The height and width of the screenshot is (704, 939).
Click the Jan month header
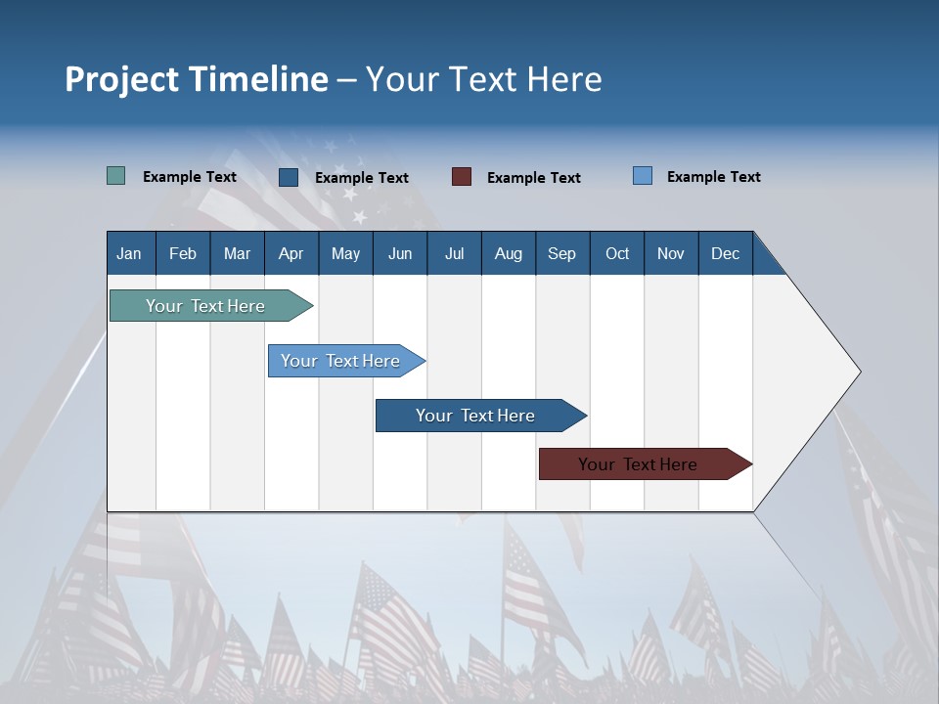[x=130, y=253]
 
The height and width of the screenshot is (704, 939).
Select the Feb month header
[x=183, y=253]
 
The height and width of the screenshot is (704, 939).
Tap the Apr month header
[x=291, y=253]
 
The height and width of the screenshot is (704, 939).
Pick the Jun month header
[x=400, y=253]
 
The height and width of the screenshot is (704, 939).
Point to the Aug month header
[x=508, y=253]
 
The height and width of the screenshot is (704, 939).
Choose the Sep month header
[x=561, y=253]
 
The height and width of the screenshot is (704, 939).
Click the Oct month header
[x=617, y=253]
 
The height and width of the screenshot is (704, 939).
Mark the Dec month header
[x=725, y=253]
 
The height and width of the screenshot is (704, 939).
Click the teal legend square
[x=115, y=176]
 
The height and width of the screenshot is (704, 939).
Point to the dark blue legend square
[x=289, y=177]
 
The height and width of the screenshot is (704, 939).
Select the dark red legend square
[x=462, y=177]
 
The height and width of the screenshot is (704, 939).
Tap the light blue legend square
[x=643, y=176]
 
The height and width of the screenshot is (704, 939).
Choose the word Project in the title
[x=121, y=79]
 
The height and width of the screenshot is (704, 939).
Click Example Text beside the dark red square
[x=534, y=178]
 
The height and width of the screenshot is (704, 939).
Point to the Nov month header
[x=671, y=253]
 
